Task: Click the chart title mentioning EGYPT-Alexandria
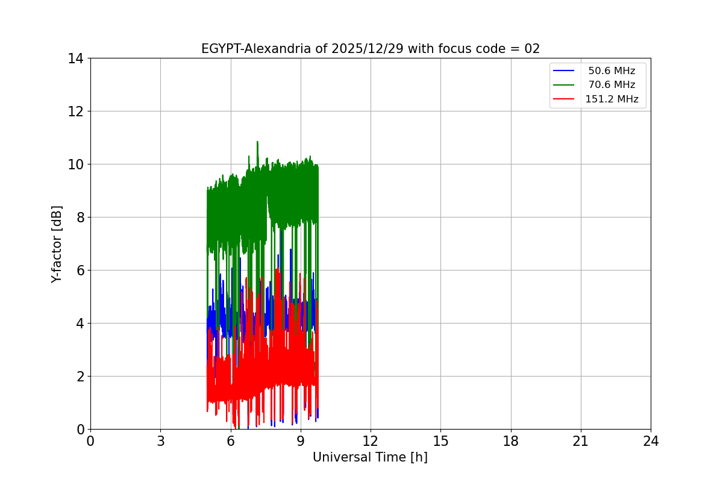point(370,49)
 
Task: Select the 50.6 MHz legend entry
point(611,71)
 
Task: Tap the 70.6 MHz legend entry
point(611,85)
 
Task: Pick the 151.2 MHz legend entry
point(611,99)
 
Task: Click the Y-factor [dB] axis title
point(57,243)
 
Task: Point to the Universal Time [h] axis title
point(370,457)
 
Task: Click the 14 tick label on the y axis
point(75,58)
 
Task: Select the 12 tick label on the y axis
point(75,111)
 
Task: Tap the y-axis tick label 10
point(75,164)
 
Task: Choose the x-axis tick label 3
point(160,441)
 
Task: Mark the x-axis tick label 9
point(301,441)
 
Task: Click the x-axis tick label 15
point(440,441)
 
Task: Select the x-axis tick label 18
point(511,441)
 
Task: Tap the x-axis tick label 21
point(581,441)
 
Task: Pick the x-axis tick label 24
point(651,441)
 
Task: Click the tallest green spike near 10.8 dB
point(257,143)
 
